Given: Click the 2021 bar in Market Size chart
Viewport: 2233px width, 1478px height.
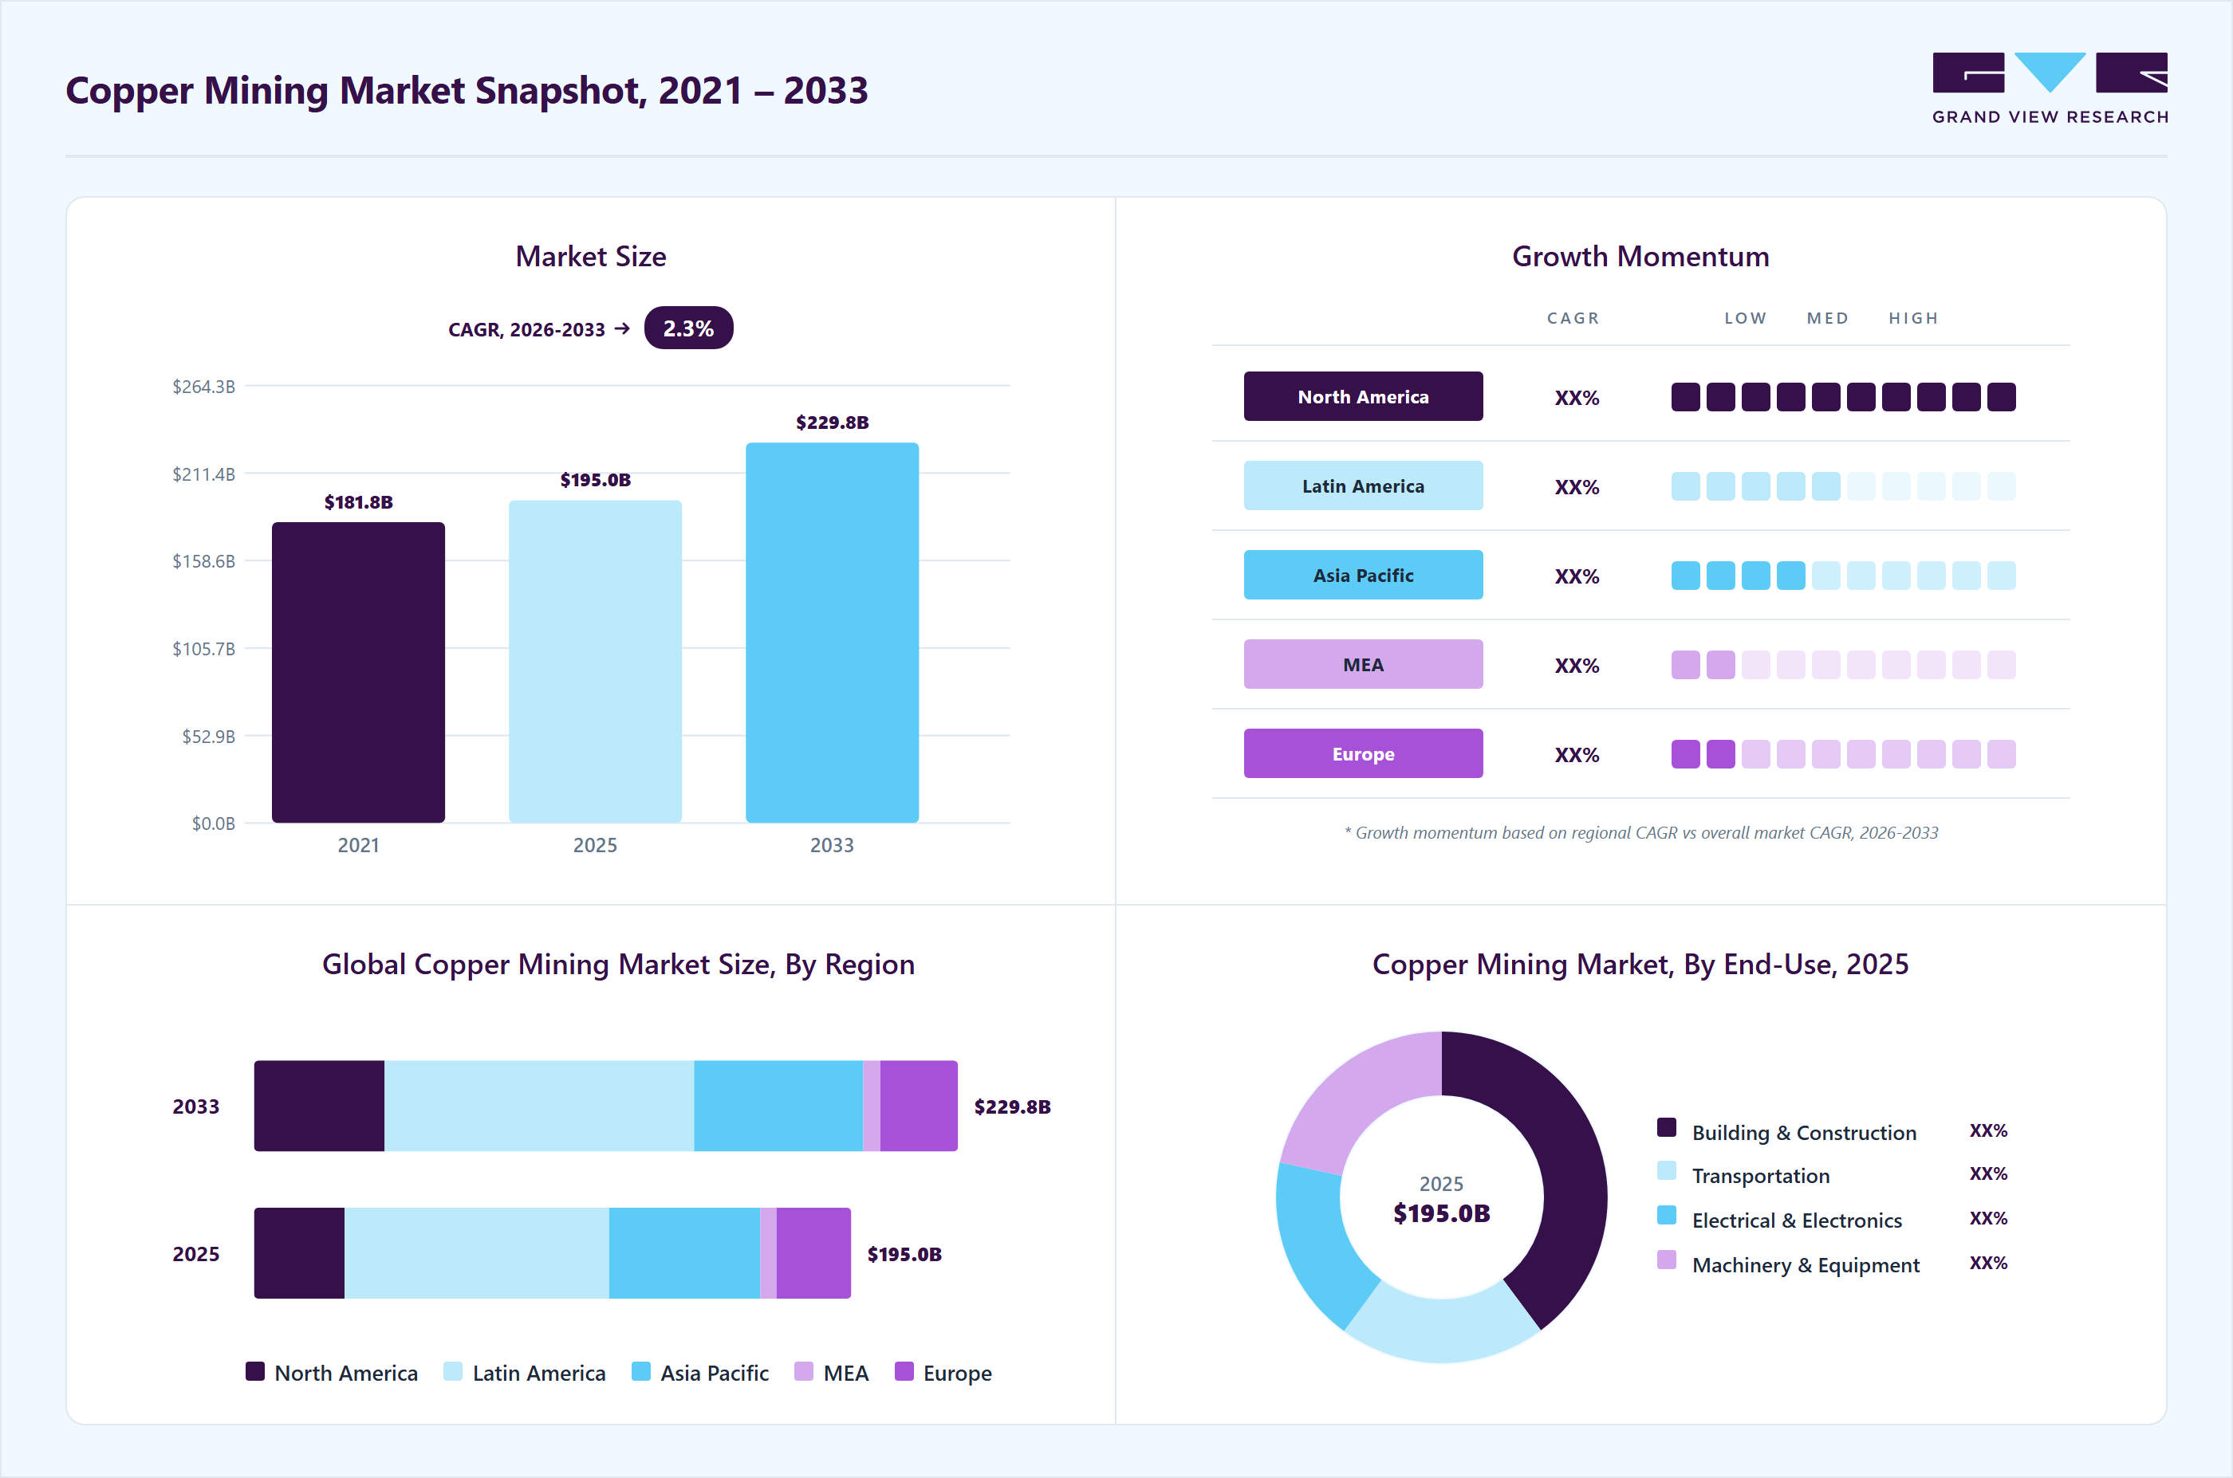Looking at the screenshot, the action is [358, 672].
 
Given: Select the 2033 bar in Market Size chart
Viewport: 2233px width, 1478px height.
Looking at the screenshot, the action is [832, 632].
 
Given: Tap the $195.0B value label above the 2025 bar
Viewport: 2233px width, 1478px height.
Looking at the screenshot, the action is [595, 480].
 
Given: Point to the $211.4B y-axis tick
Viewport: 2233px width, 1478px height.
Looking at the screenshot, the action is [203, 474].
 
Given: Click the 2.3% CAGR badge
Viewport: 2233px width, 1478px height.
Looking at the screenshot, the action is [688, 328].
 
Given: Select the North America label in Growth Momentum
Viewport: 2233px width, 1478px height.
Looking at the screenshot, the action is [1363, 397].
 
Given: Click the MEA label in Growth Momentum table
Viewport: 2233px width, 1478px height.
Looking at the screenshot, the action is [1363, 665].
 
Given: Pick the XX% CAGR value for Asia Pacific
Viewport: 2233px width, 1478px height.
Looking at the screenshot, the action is [1577, 576].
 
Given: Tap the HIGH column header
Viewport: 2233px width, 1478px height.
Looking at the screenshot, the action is [1913, 319].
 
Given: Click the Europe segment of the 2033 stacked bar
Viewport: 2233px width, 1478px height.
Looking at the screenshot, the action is [919, 1106].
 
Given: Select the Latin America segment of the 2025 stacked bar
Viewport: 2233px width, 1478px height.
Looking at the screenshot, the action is [476, 1252].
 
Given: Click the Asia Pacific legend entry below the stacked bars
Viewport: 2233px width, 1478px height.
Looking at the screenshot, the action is [701, 1373].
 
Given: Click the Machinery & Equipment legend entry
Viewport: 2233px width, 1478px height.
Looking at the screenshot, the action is [1789, 1264].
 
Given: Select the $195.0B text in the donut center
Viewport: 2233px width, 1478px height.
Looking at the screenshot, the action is [1442, 1213].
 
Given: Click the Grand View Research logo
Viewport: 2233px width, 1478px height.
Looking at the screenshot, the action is [2050, 88].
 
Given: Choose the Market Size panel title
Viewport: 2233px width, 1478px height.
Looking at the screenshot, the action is [590, 257].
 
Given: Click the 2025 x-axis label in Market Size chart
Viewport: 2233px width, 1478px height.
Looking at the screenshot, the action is [595, 844].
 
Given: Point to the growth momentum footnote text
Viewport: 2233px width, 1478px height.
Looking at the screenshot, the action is [1640, 832].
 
